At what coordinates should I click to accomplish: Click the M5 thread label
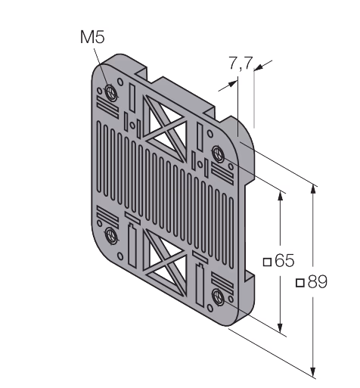click(x=92, y=37)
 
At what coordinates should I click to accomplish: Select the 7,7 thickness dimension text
click(x=241, y=63)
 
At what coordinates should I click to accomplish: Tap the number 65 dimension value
click(x=284, y=260)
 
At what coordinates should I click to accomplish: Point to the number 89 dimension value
click(x=318, y=281)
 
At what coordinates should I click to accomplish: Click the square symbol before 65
click(x=267, y=262)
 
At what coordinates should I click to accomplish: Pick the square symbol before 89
click(x=300, y=283)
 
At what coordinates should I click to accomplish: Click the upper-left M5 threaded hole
click(x=110, y=92)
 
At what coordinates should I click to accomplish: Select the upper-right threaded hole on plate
click(x=218, y=154)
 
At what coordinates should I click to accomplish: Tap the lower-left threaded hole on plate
click(x=110, y=235)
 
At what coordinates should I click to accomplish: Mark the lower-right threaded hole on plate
click(x=218, y=296)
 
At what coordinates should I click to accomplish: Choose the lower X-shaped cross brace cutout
click(x=165, y=262)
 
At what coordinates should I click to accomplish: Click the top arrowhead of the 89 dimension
click(x=313, y=189)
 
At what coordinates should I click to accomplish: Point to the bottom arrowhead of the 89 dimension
click(x=313, y=372)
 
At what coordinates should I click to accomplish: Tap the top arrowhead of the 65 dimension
click(x=280, y=196)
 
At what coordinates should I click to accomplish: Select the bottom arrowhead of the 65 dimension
click(x=280, y=328)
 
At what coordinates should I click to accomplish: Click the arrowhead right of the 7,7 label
click(x=259, y=67)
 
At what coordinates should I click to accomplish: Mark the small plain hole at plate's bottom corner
click(x=209, y=308)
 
